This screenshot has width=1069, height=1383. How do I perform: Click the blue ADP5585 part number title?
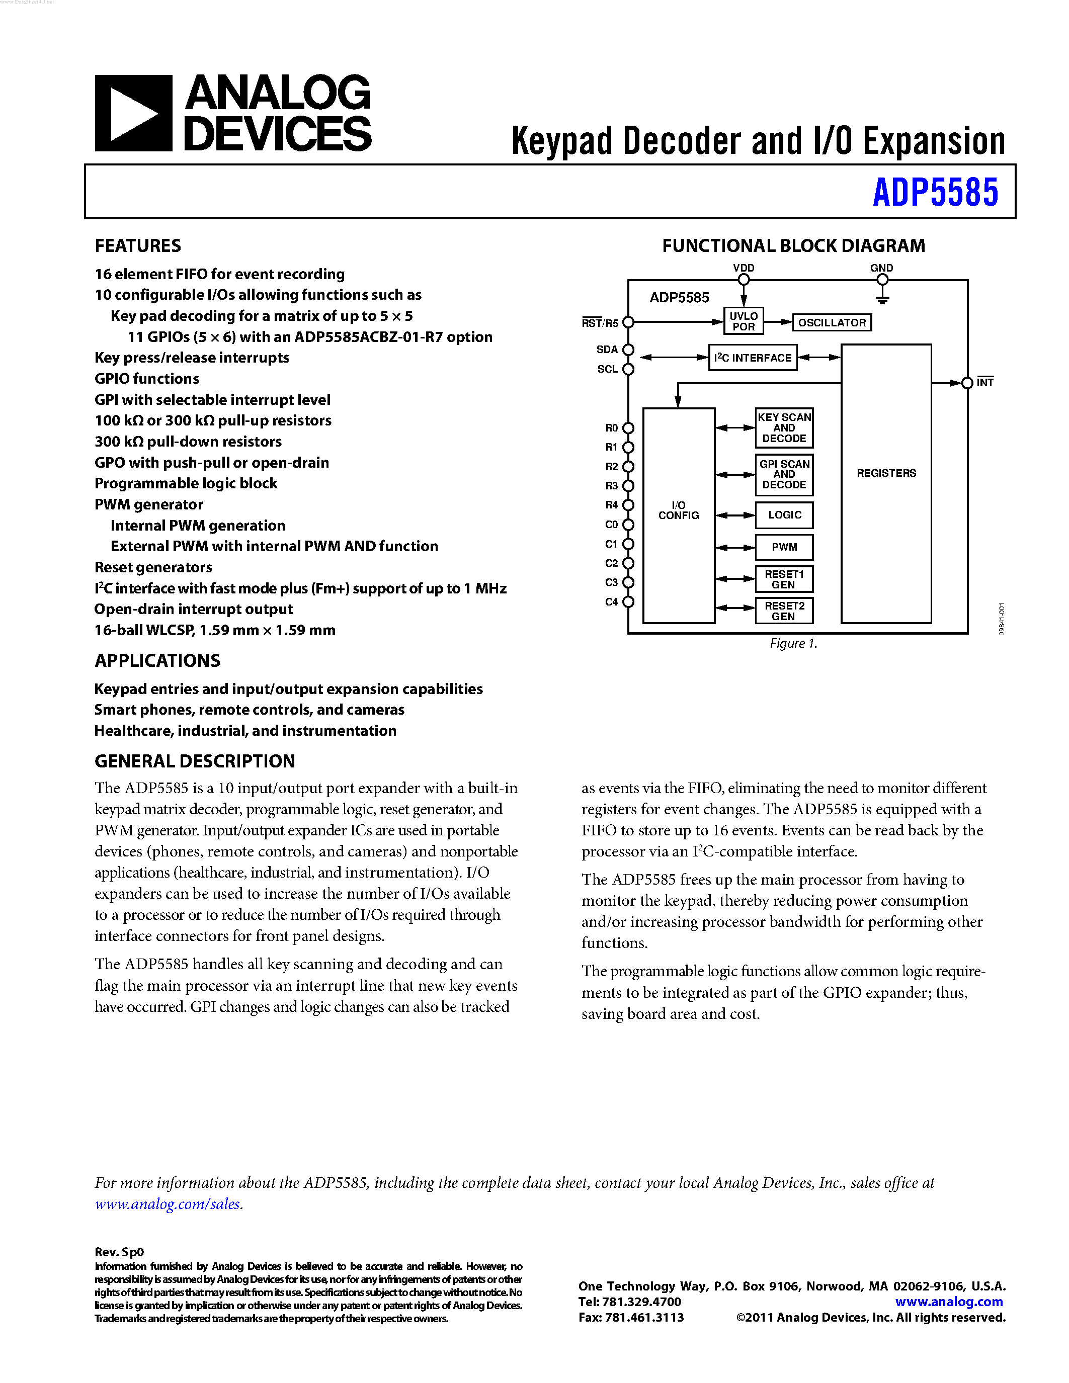point(935,193)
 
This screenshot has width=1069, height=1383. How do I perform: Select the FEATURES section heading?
point(138,246)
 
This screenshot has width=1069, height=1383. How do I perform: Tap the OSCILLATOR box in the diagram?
point(832,322)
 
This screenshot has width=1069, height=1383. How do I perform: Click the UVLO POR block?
point(744,321)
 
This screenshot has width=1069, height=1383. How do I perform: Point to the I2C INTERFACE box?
point(753,358)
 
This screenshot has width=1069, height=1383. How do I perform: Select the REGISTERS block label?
point(886,473)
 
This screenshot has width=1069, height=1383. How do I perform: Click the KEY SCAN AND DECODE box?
point(784,428)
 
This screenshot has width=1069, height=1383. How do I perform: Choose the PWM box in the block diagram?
point(784,547)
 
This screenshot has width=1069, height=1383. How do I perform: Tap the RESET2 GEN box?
point(784,611)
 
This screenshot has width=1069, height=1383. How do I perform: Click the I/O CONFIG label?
point(678,510)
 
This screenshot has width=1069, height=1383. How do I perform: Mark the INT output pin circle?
point(967,383)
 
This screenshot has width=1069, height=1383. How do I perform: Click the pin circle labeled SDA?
point(628,350)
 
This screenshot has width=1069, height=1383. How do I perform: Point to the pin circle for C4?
point(628,601)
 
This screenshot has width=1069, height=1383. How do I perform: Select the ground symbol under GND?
point(882,298)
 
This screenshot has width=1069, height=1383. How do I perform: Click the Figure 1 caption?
point(793,643)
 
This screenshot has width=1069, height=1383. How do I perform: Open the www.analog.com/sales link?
point(168,1204)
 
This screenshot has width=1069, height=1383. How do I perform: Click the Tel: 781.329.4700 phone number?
point(630,1302)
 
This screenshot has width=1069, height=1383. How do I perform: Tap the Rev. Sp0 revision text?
point(120,1252)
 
